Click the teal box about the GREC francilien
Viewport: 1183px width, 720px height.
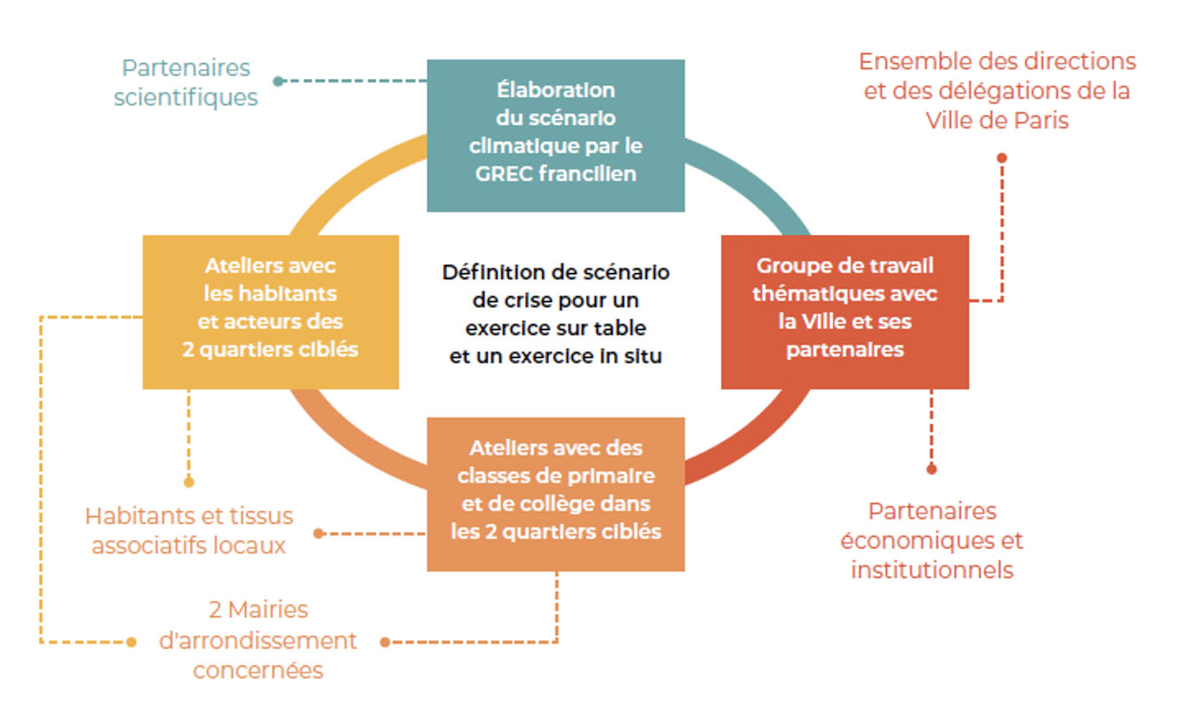click(556, 136)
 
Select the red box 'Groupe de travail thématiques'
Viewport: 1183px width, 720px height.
click(845, 312)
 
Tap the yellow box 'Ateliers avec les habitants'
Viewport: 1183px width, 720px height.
click(270, 312)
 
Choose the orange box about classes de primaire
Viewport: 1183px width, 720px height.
click(556, 495)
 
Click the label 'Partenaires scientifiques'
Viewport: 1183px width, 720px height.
click(186, 83)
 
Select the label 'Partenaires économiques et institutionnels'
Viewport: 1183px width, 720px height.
click(932, 541)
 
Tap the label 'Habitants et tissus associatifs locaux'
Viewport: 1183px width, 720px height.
click(189, 531)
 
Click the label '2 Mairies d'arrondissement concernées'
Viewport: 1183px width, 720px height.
click(258, 640)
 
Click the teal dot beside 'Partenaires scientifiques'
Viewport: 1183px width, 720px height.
click(278, 81)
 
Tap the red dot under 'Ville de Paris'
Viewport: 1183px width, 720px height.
click(1002, 158)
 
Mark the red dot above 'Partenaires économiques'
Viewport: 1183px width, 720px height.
click(932, 469)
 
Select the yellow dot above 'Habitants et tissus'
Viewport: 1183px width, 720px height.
click(189, 481)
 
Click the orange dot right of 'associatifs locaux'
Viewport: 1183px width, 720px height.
click(318, 534)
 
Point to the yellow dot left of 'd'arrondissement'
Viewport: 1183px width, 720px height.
click(131, 642)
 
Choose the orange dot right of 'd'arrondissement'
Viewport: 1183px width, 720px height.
click(385, 642)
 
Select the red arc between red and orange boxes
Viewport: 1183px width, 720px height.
click(756, 443)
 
